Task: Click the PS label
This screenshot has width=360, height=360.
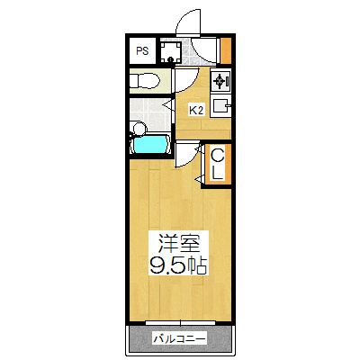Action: [142, 51]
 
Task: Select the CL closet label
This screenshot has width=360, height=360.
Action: [217, 165]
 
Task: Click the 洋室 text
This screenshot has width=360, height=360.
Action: [180, 242]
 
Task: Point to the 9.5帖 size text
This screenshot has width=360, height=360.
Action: [179, 265]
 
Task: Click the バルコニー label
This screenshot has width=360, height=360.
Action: [179, 339]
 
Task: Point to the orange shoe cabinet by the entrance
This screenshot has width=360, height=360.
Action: [226, 50]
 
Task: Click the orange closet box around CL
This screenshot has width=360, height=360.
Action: [217, 166]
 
